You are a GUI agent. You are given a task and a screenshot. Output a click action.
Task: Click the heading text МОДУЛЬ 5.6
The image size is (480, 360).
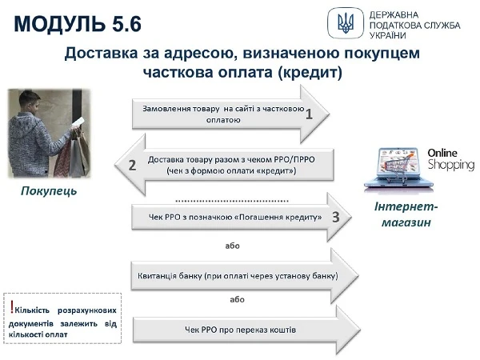(x=78, y=23)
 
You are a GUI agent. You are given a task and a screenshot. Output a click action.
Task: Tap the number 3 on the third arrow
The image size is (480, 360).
(x=336, y=217)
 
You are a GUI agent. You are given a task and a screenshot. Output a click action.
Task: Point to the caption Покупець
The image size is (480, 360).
(x=50, y=193)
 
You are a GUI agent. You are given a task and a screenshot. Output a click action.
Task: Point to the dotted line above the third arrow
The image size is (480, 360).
(x=232, y=199)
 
